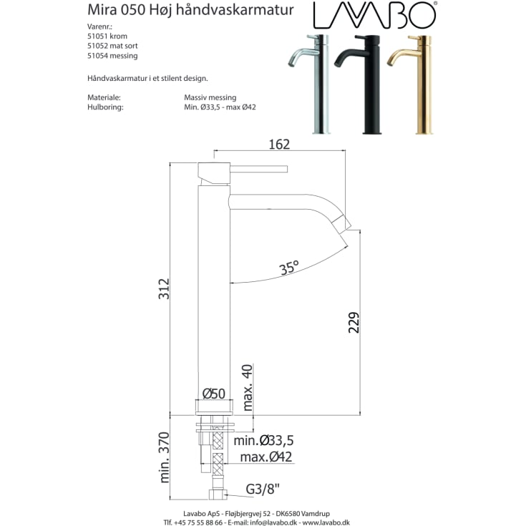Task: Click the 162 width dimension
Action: coord(278,145)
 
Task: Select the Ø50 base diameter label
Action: coord(213,394)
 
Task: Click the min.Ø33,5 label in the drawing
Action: coord(263,440)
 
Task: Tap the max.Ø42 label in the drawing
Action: coord(266,457)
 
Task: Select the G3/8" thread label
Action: coord(263,490)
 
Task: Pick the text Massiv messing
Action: coord(210,97)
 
